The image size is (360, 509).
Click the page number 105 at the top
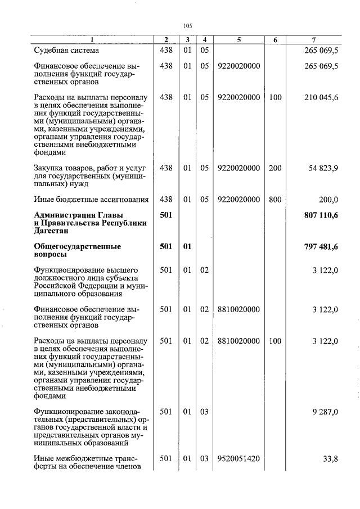[x=188, y=26]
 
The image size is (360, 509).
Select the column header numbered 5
[x=238, y=39]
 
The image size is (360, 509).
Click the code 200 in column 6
[x=275, y=168]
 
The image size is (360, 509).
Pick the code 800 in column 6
[x=275, y=199]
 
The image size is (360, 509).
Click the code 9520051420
[x=238, y=458]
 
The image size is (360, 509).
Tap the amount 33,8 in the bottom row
[x=330, y=459]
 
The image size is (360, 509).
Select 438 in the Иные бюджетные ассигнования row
[x=166, y=199]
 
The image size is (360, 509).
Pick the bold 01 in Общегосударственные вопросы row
[x=187, y=246]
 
